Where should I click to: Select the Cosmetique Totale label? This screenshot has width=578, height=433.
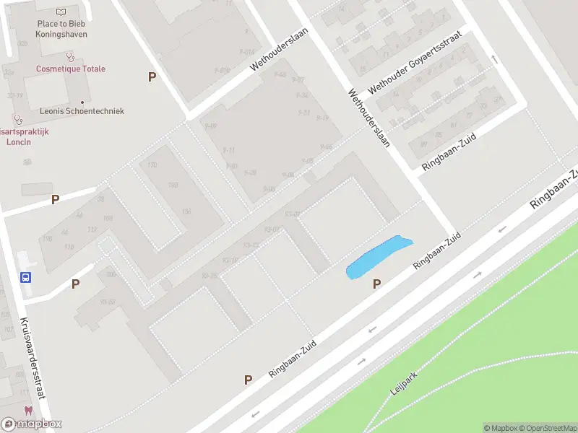tap(71, 69)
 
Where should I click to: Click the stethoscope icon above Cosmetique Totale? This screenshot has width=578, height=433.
tap(70, 56)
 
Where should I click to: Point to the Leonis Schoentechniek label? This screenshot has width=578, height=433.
tap(82, 111)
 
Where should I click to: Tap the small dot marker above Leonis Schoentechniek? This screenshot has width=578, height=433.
tap(82, 102)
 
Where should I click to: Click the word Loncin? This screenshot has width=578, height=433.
tap(19, 142)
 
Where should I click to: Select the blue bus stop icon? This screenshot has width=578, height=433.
tap(25, 277)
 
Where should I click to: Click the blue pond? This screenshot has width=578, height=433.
tap(377, 258)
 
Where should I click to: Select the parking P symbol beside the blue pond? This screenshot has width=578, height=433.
tap(376, 284)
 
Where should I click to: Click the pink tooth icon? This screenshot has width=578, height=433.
tap(28, 411)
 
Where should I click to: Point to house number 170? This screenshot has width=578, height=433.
tap(152, 166)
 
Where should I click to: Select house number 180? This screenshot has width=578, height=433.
tap(173, 185)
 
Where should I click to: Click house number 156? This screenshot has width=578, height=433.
tap(186, 211)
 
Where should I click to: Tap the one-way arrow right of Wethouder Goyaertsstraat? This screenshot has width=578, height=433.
tap(495, 59)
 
